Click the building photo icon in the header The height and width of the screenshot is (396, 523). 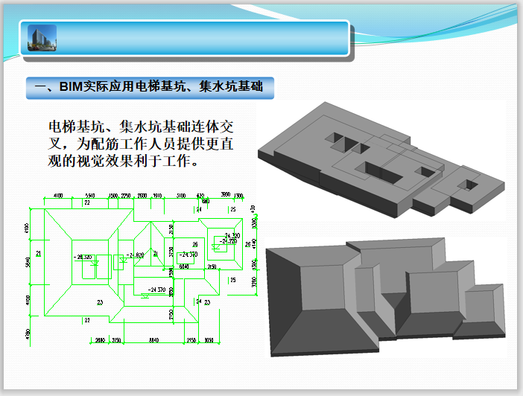coord(42,38)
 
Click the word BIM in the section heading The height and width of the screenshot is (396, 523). coord(71,88)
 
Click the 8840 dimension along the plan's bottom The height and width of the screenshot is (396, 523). coord(154,339)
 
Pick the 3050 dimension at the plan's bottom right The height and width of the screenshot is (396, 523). coord(210,339)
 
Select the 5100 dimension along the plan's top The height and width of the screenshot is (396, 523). coord(181,195)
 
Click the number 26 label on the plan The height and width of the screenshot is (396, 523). coord(195,244)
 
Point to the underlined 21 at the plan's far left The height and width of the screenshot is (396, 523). coord(39,254)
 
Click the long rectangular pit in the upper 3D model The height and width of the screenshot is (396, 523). coord(378,172)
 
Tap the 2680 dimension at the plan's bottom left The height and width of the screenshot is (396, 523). coord(99,339)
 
